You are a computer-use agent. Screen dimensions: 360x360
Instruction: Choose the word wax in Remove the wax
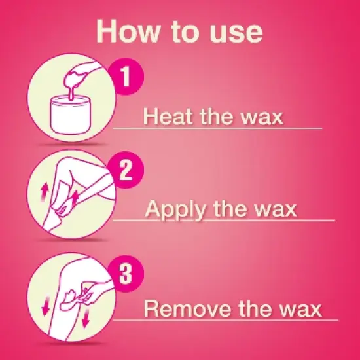[x=298, y=308]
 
